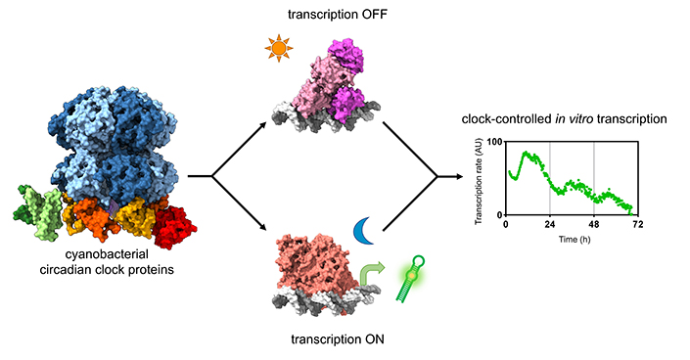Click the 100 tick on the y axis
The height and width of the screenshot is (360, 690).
click(494, 143)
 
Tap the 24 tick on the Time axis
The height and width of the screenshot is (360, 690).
click(549, 224)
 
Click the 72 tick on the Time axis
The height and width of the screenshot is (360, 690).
click(638, 224)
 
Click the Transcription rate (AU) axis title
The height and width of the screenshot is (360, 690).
click(481, 179)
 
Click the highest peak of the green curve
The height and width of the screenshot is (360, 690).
click(527, 154)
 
